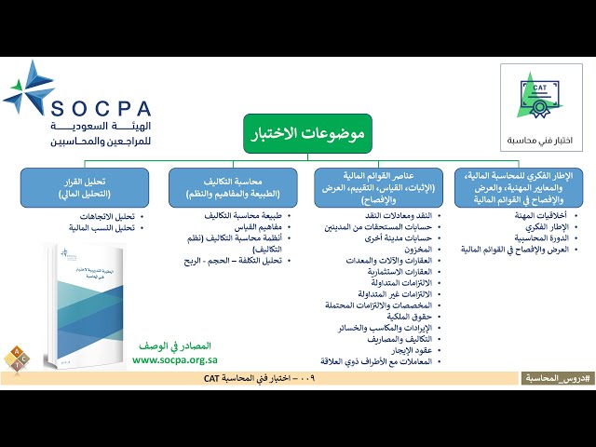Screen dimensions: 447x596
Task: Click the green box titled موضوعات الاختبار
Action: click(307, 133)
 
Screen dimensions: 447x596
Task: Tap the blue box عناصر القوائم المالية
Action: click(379, 187)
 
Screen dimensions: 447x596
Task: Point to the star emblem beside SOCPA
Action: click(29, 88)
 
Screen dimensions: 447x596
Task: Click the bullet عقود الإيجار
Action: click(410, 349)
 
